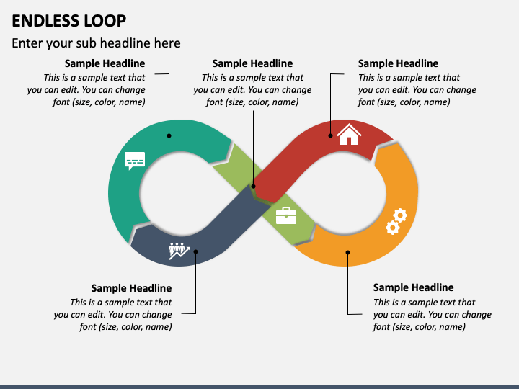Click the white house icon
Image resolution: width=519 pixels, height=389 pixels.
point(349,134)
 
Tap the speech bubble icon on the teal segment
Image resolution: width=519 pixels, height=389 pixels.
point(135,161)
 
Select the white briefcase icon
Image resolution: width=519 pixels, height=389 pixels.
point(286,215)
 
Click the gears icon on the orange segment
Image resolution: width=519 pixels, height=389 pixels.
point(396,221)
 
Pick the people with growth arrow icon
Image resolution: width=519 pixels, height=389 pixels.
point(179,251)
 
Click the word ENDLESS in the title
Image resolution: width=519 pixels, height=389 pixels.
point(45,21)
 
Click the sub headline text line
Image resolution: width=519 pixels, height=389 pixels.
point(96,43)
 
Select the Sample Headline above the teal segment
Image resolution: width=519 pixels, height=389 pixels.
point(105,63)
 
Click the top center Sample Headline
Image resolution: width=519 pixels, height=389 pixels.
point(252,63)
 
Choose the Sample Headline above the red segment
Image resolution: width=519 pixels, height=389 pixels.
point(398,63)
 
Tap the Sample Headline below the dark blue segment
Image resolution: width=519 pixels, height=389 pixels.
point(131,287)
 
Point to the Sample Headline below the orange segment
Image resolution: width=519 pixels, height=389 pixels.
point(414,287)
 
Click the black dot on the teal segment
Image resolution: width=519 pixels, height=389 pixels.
point(169,135)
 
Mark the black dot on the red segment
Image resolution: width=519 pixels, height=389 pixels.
point(330,135)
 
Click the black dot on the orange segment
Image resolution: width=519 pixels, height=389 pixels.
point(347,252)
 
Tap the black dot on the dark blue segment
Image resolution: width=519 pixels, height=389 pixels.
point(195,251)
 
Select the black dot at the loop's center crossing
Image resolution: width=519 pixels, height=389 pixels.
point(253,187)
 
